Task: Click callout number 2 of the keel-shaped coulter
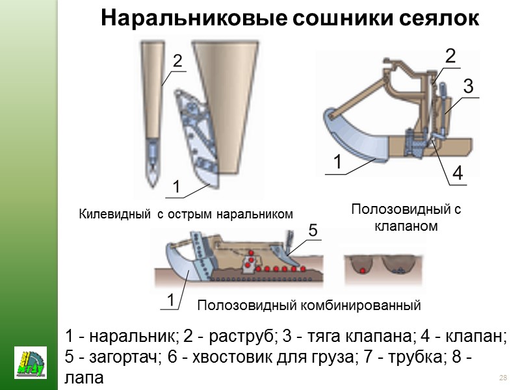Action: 177,61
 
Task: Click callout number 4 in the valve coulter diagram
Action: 457,174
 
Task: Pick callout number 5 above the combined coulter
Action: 313,231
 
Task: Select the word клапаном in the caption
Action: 406,227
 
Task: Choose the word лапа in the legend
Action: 84,376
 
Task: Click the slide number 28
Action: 502,378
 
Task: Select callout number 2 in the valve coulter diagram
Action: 450,57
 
